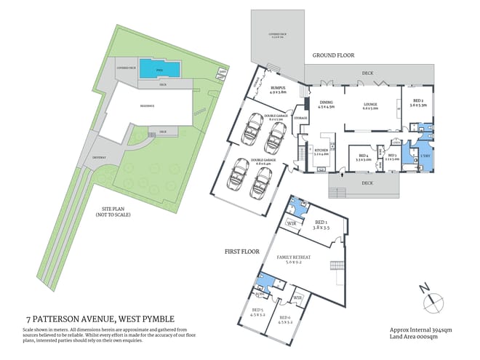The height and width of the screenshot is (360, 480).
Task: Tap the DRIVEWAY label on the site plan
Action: tap(100, 156)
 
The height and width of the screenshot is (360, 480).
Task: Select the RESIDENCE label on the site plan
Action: tap(148, 105)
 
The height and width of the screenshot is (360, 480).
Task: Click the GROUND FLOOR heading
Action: tap(334, 55)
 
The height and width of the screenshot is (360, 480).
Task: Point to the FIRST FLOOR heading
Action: tap(241, 251)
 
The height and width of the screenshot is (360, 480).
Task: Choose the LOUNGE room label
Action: tap(371, 106)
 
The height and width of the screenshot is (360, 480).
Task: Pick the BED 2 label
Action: tap(418, 103)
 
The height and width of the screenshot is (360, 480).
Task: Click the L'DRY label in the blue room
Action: tap(424, 157)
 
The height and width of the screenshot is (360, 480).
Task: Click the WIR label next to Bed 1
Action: tap(291, 224)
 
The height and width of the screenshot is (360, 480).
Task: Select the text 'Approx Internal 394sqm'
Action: tap(420, 329)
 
